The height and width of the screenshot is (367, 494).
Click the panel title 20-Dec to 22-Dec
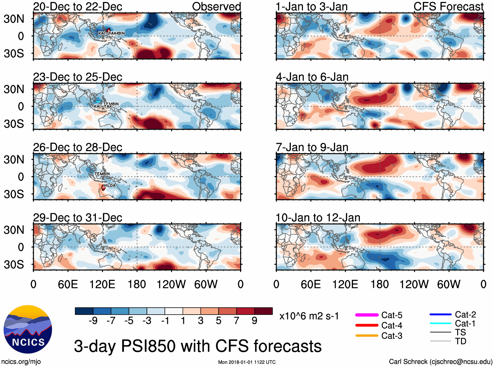pyautogui.click(x=78, y=7)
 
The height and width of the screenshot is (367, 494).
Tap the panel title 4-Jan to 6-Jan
pyautogui.click(x=312, y=77)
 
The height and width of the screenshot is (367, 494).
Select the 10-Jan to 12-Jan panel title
pyautogui.click(x=318, y=218)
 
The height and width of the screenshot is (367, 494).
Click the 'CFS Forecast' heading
pyautogui.click(x=448, y=7)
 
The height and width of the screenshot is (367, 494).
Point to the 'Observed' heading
pyautogui.click(x=216, y=7)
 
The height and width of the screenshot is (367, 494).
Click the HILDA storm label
pyautogui.click(x=110, y=185)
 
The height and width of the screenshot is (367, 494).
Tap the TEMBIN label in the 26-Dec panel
pyautogui.click(x=102, y=174)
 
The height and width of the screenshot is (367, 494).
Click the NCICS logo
pyautogui.click(x=28, y=329)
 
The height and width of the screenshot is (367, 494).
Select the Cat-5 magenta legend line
pyautogui.click(x=367, y=315)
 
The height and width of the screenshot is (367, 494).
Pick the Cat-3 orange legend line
pyautogui.click(x=367, y=336)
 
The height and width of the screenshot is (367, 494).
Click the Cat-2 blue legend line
pyautogui.click(x=440, y=315)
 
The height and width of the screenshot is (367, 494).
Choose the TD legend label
pyautogui.click(x=461, y=341)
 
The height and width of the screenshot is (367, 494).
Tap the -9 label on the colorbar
pyautogui.click(x=93, y=321)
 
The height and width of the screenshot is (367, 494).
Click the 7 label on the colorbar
pyautogui.click(x=237, y=321)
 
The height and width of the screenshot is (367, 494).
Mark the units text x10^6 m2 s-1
pyautogui.click(x=309, y=316)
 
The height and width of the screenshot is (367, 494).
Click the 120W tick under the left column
pyautogui.click(x=171, y=284)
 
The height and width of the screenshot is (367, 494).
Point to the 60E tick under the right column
pyautogui.click(x=310, y=284)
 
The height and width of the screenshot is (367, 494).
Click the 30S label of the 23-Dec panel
pyautogui.click(x=14, y=124)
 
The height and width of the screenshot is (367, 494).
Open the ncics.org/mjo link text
pyautogui.click(x=21, y=362)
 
